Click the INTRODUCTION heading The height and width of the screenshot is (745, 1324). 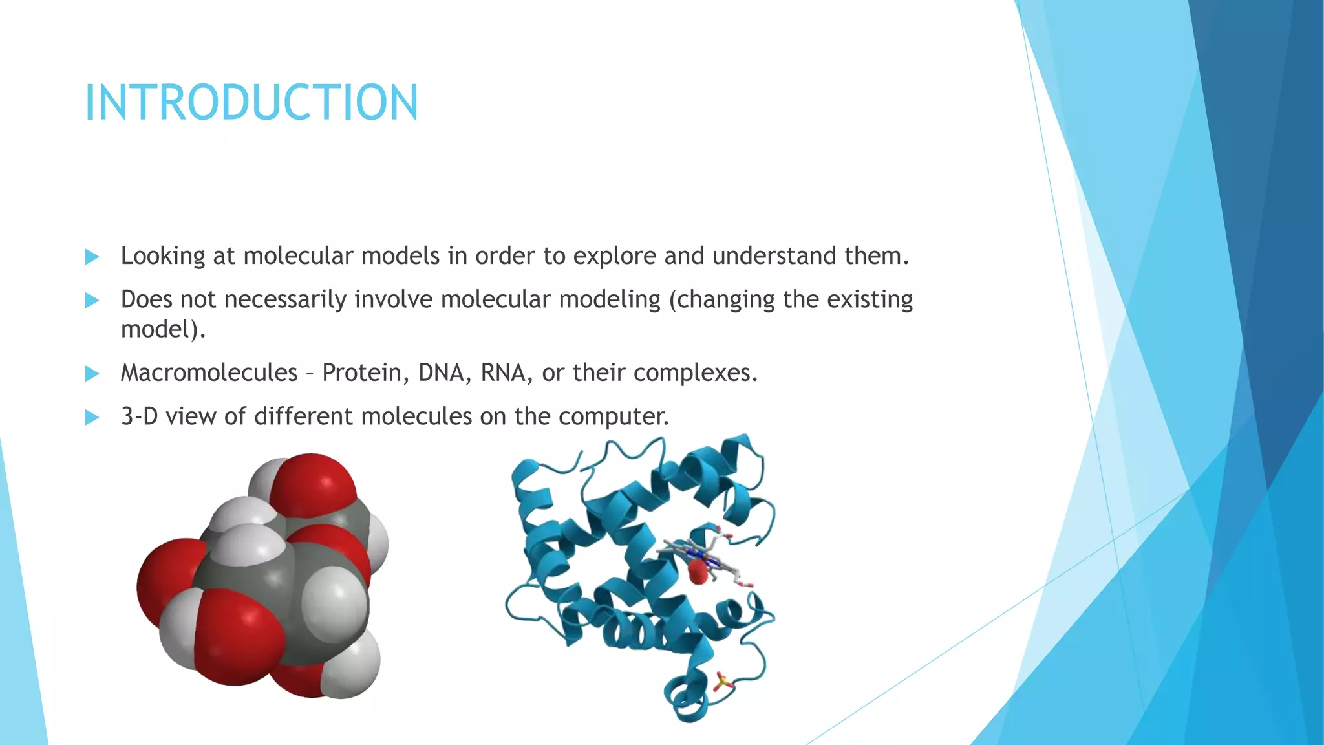tap(251, 103)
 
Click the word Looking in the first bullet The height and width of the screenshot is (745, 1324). tap(163, 256)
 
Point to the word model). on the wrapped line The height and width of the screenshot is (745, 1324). tap(163, 330)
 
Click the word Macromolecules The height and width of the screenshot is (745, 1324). tap(209, 372)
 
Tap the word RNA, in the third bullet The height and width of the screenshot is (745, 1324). tap(506, 372)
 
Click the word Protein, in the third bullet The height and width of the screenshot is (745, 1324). tap(365, 372)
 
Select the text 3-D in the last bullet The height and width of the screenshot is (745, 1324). tap(139, 416)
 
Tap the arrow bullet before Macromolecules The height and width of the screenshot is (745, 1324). tap(92, 374)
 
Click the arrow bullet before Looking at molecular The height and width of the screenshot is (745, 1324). tap(92, 257)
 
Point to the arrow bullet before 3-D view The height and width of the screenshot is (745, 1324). tap(92, 417)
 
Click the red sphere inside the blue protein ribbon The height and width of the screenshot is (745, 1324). tap(698, 572)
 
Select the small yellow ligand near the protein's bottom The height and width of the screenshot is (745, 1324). tap(722, 681)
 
